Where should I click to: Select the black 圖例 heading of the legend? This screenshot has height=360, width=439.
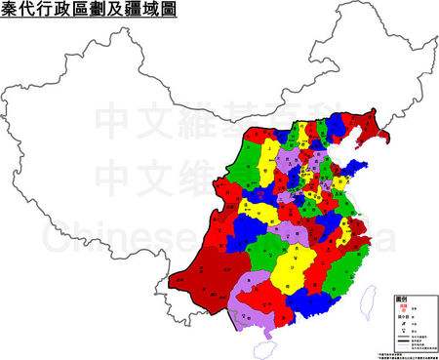click(x=400, y=298)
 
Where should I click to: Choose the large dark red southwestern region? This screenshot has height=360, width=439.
click(x=210, y=273)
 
